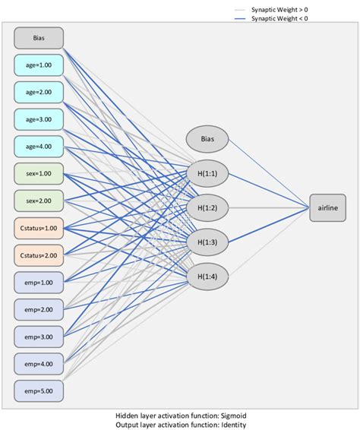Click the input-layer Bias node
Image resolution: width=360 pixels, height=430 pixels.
39,38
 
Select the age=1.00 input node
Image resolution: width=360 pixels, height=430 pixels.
39,65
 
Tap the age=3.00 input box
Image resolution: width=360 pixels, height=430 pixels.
39,119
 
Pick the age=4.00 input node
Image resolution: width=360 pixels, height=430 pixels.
39,147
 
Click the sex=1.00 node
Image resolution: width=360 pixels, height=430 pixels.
39,174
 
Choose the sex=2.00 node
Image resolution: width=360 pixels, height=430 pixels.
39,201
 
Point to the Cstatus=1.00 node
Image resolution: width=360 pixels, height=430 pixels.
39,229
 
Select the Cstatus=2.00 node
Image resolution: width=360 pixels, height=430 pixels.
39,255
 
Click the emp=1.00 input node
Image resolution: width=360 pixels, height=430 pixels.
39,283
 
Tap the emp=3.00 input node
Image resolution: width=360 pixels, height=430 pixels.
39,337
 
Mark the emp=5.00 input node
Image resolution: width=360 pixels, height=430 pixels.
39,391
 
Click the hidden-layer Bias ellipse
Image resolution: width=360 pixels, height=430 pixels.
207,139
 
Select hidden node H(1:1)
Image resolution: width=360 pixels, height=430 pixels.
207,173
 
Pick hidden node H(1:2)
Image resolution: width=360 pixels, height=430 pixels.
207,207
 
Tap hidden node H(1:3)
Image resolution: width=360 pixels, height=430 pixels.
207,242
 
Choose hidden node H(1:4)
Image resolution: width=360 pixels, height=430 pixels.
207,276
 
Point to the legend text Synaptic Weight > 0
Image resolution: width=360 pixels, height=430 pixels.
280,9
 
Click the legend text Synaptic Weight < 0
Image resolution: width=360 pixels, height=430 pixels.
280,18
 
